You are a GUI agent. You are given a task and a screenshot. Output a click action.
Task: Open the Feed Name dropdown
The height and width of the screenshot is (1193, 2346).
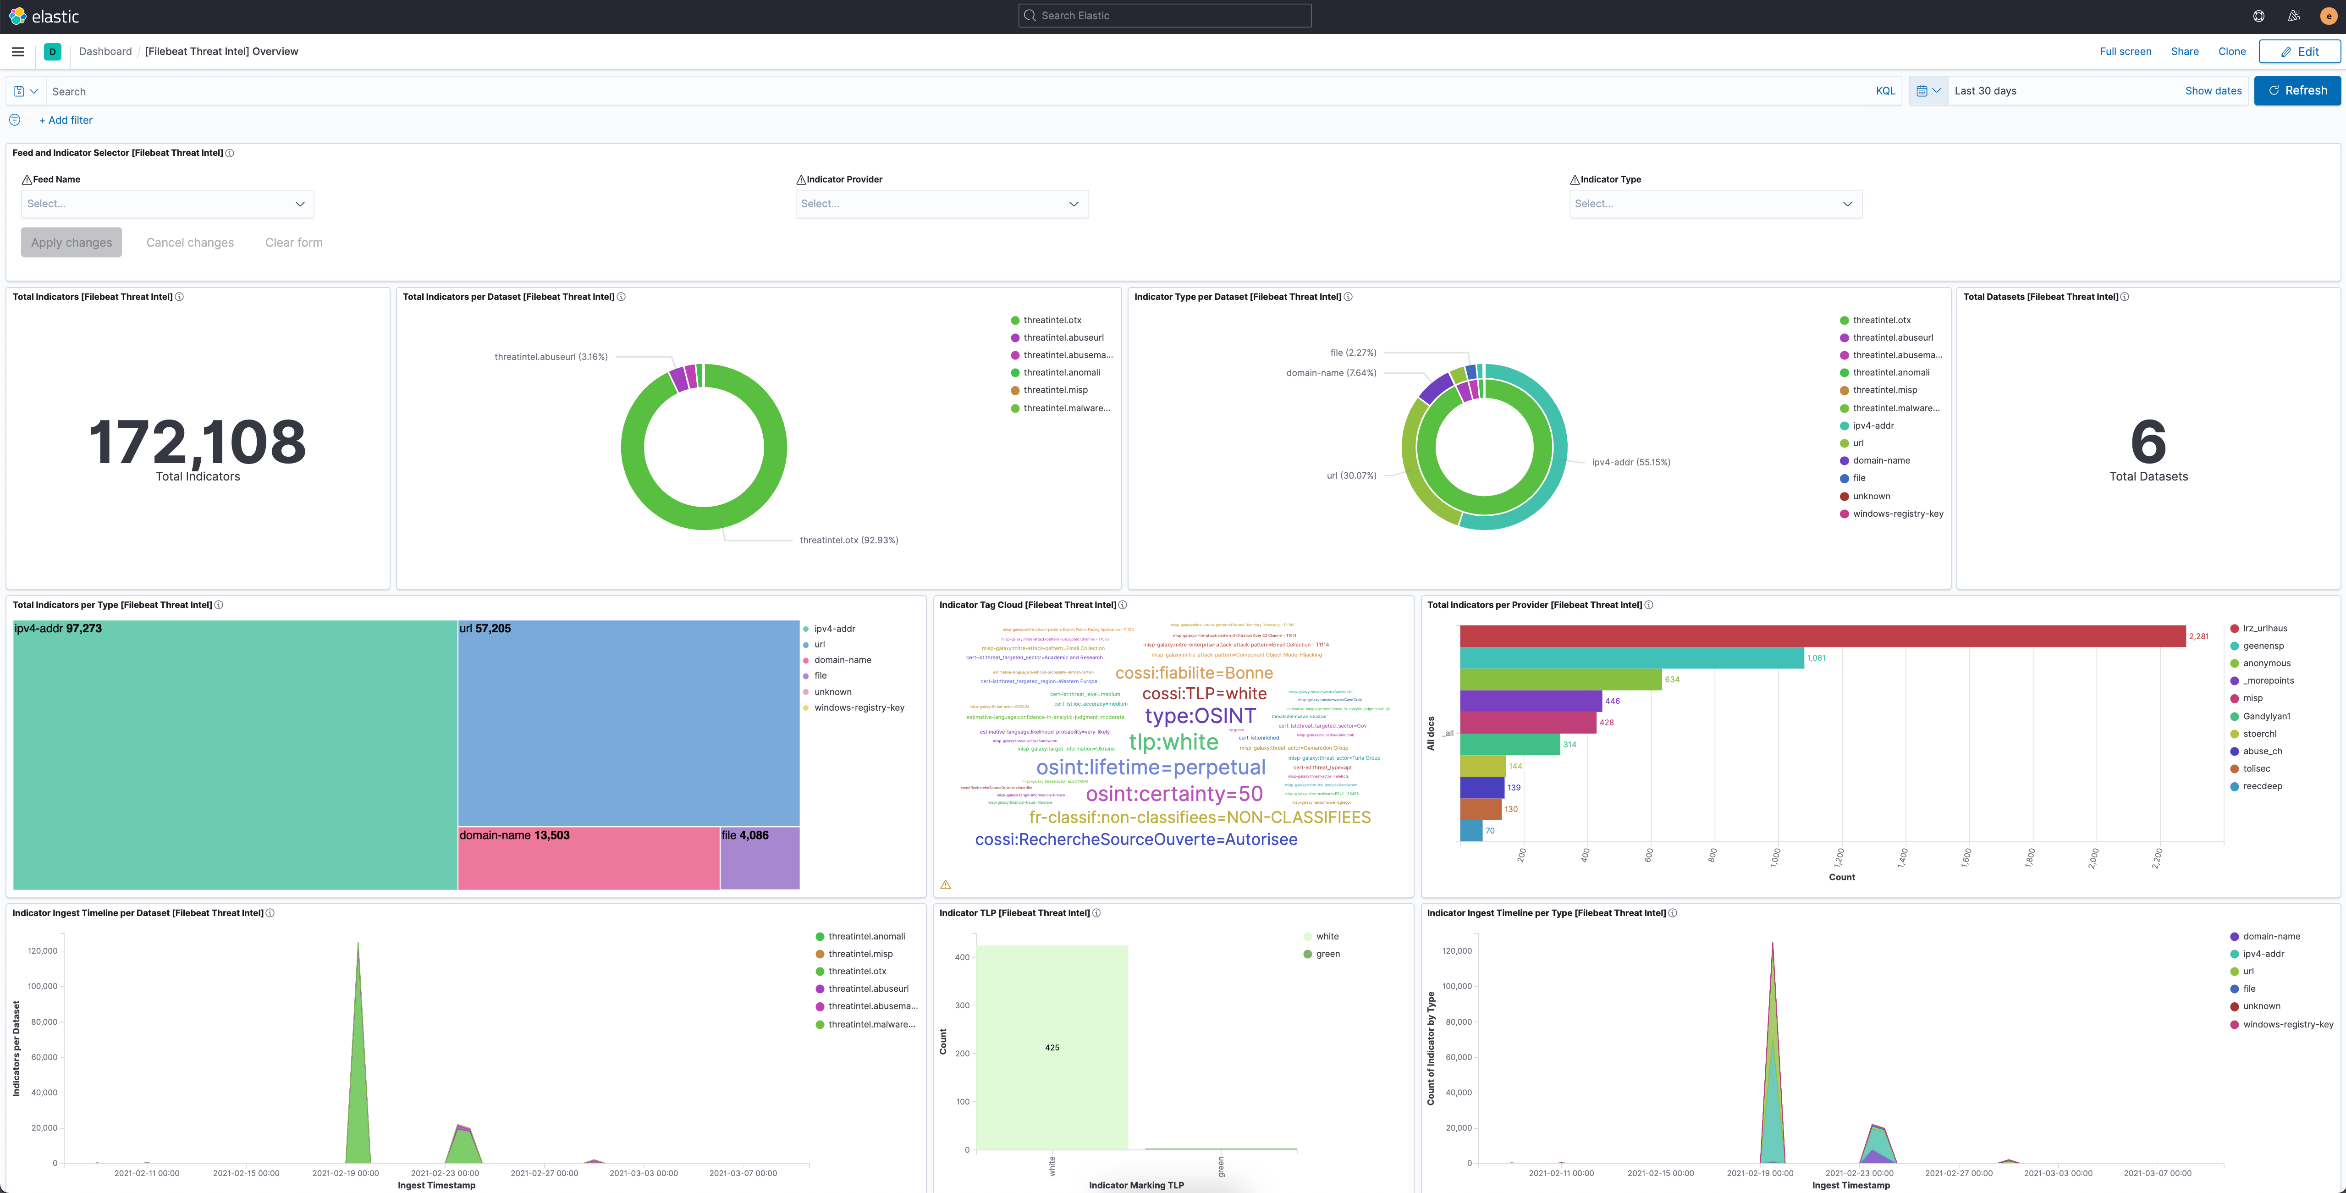click(x=167, y=204)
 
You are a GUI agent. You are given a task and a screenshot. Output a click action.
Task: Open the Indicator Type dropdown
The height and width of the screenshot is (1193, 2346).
click(x=1715, y=204)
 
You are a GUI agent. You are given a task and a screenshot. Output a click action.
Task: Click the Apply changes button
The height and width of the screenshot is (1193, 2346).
click(x=71, y=242)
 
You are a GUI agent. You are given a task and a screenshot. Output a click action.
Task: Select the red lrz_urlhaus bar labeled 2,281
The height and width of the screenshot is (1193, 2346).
click(x=1822, y=635)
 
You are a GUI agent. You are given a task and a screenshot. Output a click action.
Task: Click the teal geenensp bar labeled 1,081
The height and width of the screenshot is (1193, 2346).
click(x=1630, y=657)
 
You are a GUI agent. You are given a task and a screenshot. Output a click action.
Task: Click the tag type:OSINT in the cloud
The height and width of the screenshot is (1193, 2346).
click(x=1200, y=716)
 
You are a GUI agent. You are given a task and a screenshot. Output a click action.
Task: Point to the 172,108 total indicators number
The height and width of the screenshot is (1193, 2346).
click(x=198, y=442)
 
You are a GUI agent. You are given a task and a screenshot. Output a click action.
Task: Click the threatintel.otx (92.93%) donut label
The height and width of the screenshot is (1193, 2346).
click(x=848, y=540)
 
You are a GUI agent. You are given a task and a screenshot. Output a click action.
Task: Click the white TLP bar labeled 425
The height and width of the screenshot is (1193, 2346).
click(x=1051, y=1047)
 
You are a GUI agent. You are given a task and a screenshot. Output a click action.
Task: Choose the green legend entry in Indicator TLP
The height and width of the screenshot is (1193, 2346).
click(x=1327, y=954)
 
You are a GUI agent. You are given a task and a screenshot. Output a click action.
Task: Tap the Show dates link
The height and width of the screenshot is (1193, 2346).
click(x=2212, y=91)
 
